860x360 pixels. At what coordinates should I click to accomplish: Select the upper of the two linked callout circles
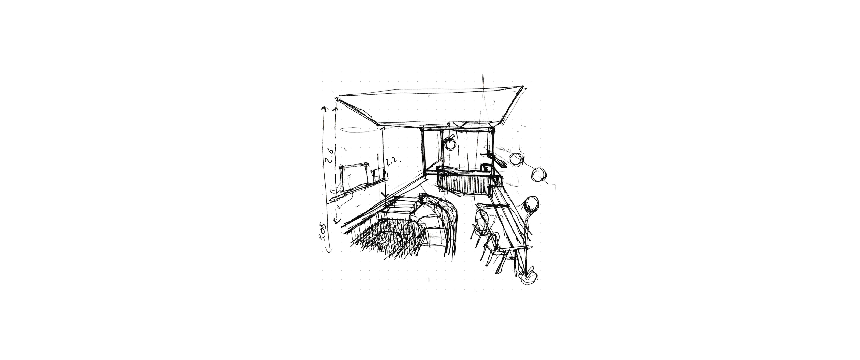tap(516, 159)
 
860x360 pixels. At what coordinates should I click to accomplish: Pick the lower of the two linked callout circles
tap(537, 175)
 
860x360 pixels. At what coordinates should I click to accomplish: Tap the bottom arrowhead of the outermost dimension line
tap(329, 251)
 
